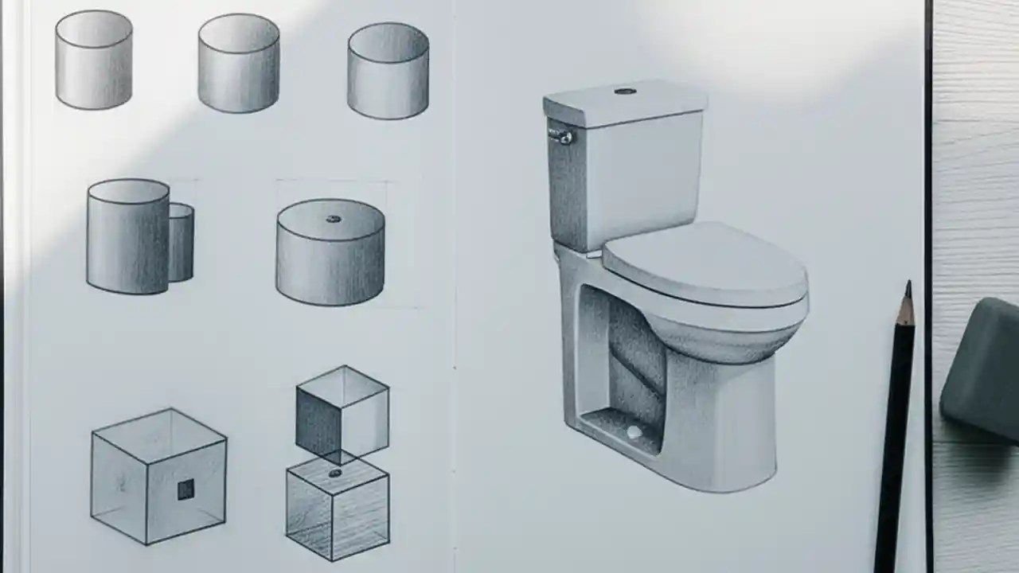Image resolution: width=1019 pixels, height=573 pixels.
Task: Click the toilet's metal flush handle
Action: [562, 137]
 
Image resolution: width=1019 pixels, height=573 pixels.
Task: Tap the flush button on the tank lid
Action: [625, 92]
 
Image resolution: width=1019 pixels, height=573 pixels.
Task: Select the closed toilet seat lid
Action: [704, 263]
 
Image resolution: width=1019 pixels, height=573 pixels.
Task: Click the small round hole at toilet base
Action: [634, 432]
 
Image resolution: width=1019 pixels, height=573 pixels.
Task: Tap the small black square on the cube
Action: [185, 489]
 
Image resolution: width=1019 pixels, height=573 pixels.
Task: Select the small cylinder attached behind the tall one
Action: [182, 243]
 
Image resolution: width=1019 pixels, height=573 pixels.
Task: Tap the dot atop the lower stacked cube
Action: [335, 473]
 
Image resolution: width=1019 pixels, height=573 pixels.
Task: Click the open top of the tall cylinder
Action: [128, 191]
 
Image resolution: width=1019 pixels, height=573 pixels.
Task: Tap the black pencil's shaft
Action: [894, 438]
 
